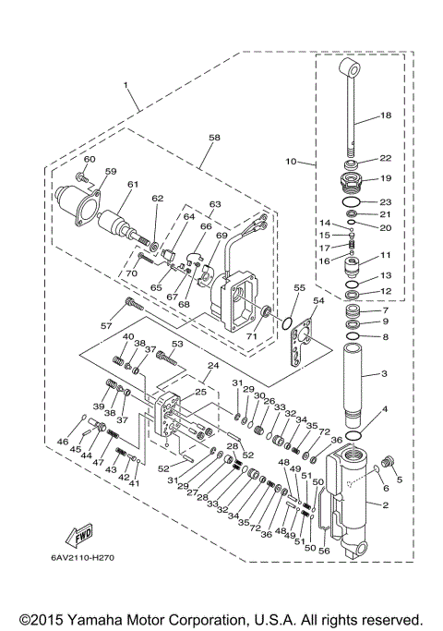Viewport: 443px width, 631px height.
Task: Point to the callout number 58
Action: click(x=214, y=137)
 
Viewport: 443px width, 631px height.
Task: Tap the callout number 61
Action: click(x=133, y=185)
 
